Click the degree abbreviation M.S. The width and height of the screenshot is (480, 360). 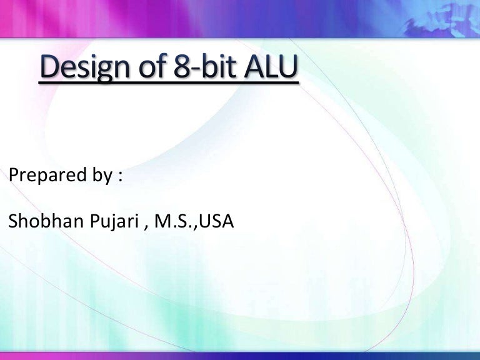176,221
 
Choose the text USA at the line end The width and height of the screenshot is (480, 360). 216,221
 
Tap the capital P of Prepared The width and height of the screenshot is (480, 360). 14,176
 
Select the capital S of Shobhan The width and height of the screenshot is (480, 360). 14,221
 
